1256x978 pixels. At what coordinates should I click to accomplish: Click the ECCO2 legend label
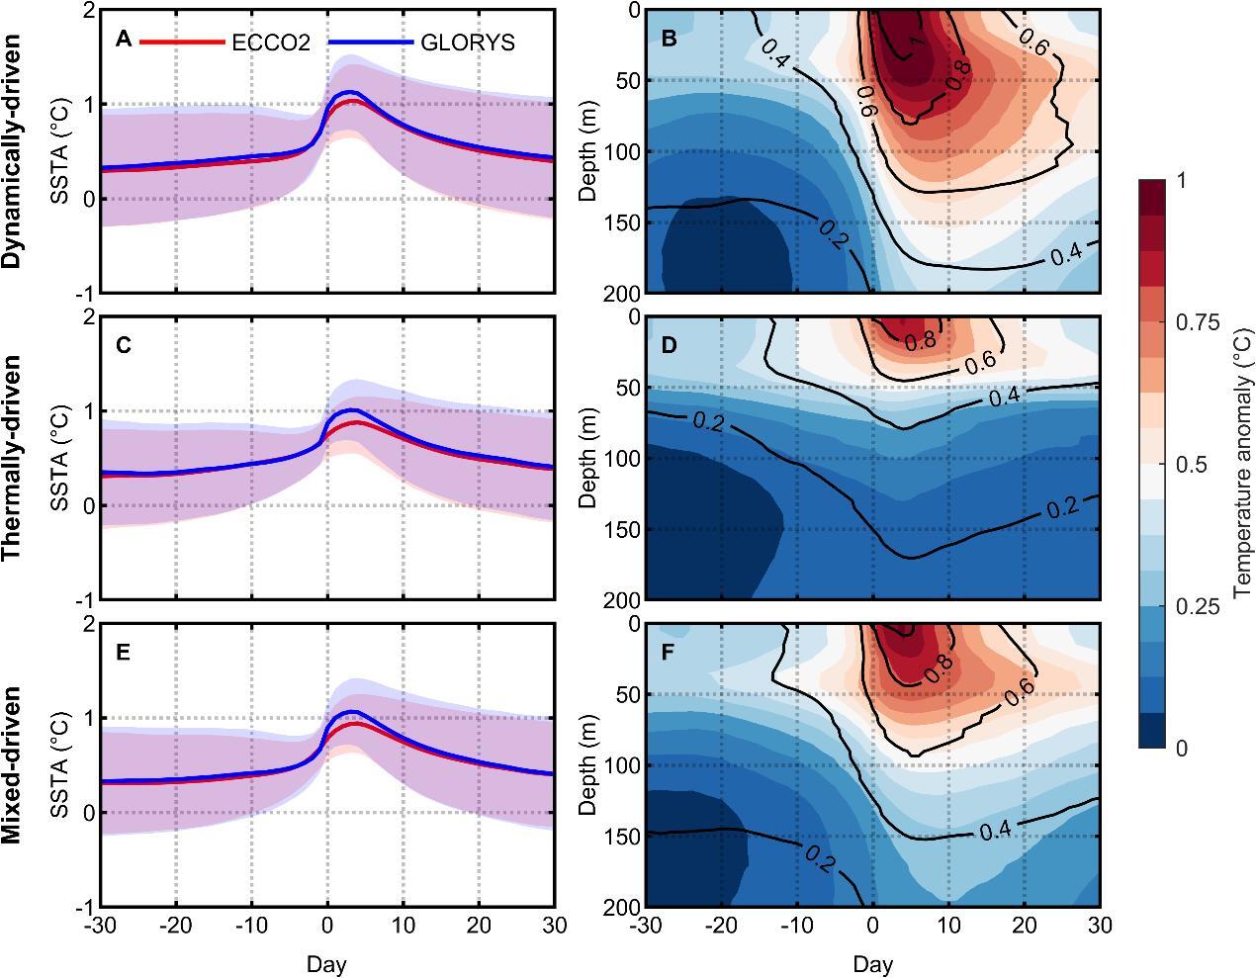coord(271,43)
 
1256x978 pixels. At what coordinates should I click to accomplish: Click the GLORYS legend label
coord(468,43)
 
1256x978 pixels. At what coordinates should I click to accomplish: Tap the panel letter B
coord(669,40)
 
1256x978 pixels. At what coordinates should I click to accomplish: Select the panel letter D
coord(669,345)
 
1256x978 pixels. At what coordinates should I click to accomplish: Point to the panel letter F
coord(669,653)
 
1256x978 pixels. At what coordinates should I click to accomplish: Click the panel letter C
coord(124,345)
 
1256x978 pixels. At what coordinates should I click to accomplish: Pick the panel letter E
coord(123,653)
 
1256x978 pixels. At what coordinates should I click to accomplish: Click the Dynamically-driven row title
coord(12,151)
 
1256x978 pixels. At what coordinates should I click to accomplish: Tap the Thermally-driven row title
coord(12,457)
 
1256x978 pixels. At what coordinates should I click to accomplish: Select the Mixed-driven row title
coord(12,764)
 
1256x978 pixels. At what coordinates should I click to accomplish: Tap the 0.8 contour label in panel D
coord(920,340)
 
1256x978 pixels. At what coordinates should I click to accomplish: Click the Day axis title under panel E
coord(326,964)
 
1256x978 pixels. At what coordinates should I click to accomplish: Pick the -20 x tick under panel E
coord(176,926)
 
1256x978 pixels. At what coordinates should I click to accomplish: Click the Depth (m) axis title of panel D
coord(587,458)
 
